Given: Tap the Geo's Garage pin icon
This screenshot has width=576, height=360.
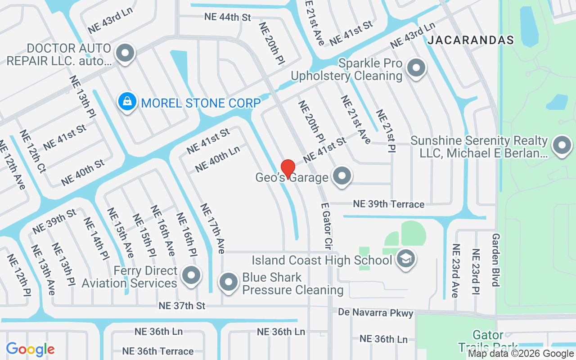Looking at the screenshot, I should coord(342,175).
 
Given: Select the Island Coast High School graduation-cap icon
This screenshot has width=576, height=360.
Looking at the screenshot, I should coord(406,259).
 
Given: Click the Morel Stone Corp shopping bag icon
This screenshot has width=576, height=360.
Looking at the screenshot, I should coord(127,101).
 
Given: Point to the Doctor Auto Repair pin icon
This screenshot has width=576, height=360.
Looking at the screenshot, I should coord(125,53).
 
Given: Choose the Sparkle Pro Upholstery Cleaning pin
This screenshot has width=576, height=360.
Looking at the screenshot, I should coord(416,68).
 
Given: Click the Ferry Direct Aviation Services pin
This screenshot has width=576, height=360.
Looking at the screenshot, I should coord(191,275).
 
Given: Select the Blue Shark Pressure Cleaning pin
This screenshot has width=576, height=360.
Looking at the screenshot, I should coord(229,282).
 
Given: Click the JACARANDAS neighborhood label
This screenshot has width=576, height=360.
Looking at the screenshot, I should coord(471,40).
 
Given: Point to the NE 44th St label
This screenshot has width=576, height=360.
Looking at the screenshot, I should coord(227,17).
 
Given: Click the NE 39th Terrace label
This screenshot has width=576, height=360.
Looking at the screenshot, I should coord(388,204).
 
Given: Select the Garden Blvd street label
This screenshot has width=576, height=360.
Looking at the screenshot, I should coord(496,260).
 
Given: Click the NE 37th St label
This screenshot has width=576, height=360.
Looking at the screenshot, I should coord(182,306).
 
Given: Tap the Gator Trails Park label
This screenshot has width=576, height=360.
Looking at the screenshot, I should coord(488,341).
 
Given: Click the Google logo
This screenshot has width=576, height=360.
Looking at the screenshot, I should coord(30,349).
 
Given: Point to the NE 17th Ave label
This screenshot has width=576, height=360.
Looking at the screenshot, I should coord(212,229).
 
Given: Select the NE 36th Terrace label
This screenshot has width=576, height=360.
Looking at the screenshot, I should coord(157,351).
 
